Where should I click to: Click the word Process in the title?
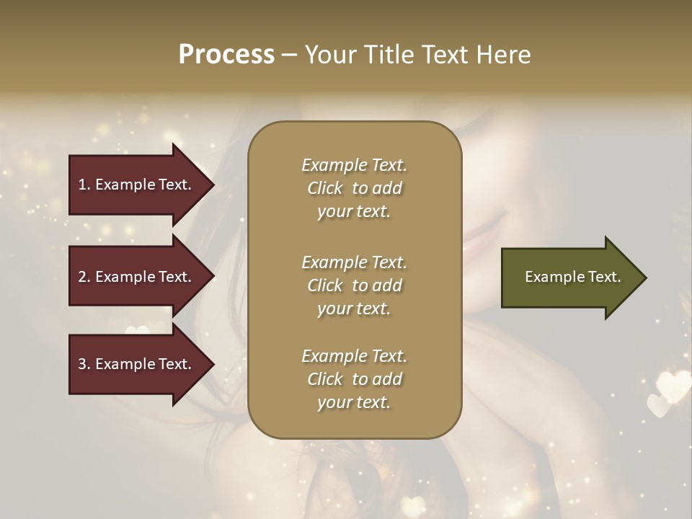pyautogui.click(x=226, y=55)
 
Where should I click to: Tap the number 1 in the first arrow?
pyautogui.click(x=82, y=185)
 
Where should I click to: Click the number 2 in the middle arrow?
pyautogui.click(x=82, y=277)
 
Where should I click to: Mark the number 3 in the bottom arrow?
pyautogui.click(x=82, y=364)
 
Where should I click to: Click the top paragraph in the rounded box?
pyautogui.click(x=354, y=188)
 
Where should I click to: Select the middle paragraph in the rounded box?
pyautogui.click(x=354, y=285)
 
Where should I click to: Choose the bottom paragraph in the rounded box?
pyautogui.click(x=354, y=379)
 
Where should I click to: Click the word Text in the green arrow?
pyautogui.click(x=604, y=277)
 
